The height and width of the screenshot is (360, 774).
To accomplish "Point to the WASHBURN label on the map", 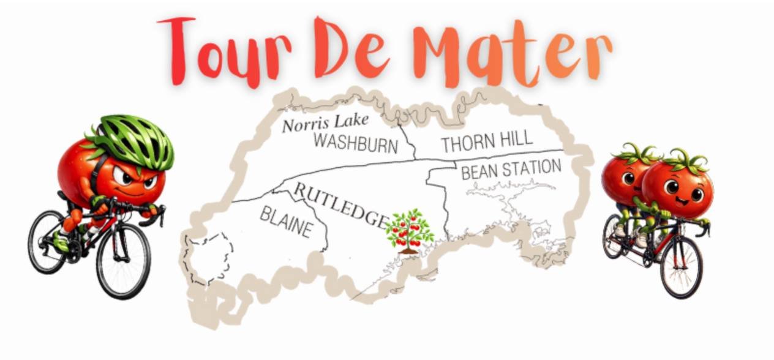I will pyautogui.click(x=355, y=143).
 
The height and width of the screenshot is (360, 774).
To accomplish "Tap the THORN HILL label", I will pyautogui.click(x=486, y=142).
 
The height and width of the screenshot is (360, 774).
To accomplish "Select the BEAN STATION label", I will pyautogui.click(x=511, y=169).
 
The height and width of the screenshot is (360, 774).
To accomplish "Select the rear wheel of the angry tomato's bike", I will pyautogui.click(x=47, y=241).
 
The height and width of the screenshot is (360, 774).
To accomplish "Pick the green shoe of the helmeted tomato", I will pyautogui.click(x=61, y=242).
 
